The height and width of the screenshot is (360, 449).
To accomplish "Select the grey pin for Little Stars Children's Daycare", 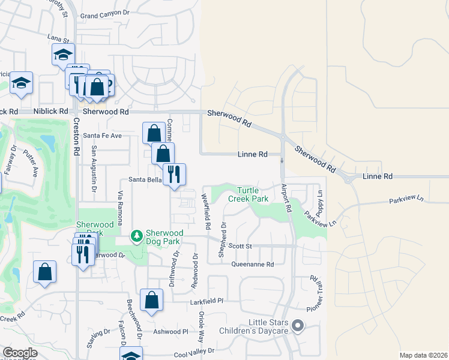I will (298, 326).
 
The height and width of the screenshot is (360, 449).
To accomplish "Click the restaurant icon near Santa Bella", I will (174, 175).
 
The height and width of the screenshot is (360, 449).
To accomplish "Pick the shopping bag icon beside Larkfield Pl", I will (152, 300).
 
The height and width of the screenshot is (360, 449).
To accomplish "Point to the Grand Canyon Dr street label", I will (104, 13).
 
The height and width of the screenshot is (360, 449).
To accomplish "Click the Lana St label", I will (58, 37).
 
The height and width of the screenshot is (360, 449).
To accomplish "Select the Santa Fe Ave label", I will (102, 136).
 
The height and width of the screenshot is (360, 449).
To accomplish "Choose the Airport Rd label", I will (286, 198).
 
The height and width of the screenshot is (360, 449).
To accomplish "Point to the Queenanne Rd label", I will (253, 264).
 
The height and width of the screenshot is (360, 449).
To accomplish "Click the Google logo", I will (20, 353).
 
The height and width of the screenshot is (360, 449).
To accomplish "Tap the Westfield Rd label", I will (206, 212).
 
